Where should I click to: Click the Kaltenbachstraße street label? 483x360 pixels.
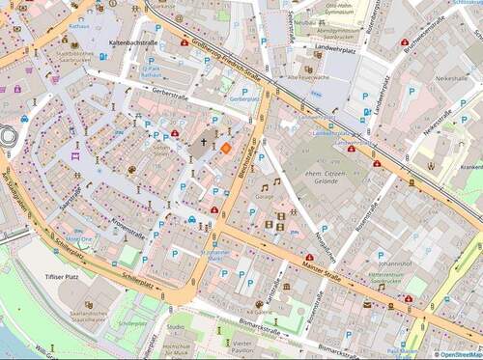(133, 43)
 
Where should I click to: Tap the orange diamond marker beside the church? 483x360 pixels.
(225, 148)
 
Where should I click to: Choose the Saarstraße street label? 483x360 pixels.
(70, 198)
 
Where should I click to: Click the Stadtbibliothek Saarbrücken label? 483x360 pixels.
(75, 57)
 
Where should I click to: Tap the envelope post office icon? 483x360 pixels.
(367, 305)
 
